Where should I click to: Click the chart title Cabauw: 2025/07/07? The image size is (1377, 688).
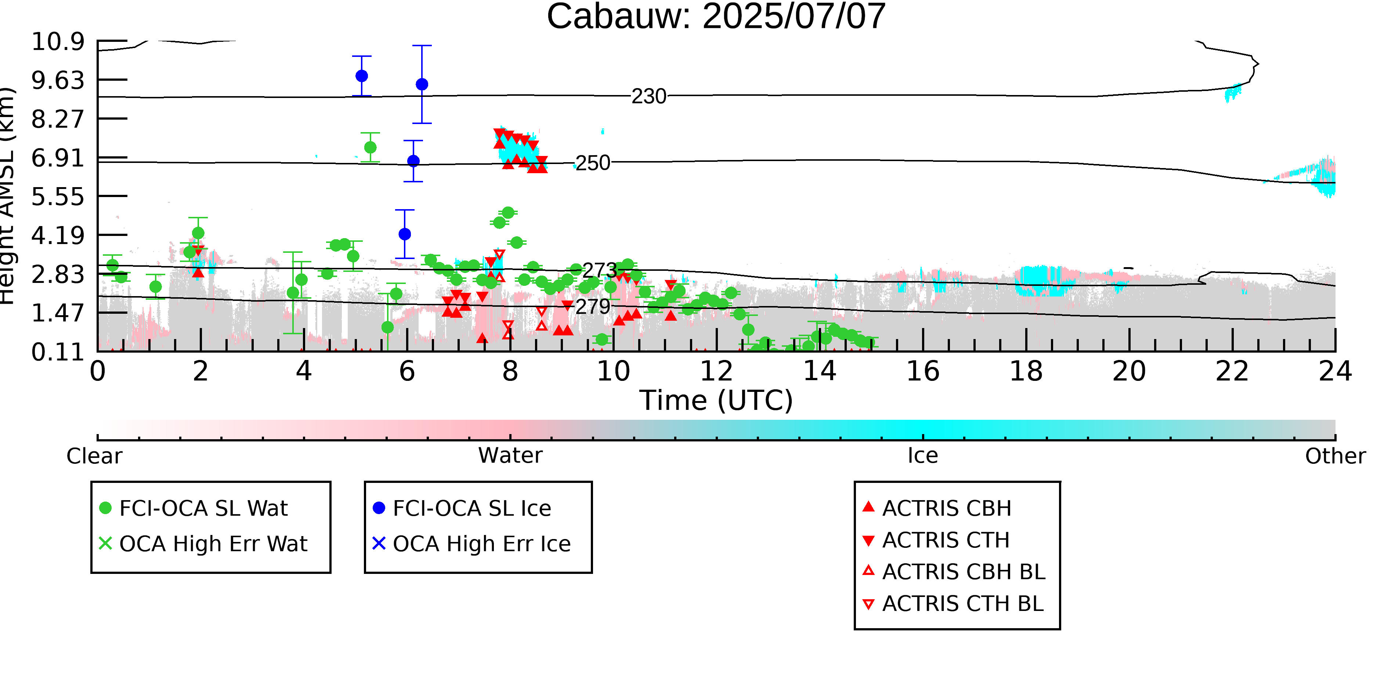click(x=716, y=16)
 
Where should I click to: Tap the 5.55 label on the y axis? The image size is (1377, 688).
click(x=58, y=197)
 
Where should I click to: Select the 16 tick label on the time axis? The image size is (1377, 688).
click(x=923, y=371)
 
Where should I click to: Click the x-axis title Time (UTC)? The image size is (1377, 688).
click(x=716, y=400)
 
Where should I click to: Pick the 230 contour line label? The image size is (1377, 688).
click(x=649, y=97)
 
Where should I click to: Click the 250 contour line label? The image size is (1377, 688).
click(x=593, y=163)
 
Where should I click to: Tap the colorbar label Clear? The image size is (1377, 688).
click(x=94, y=456)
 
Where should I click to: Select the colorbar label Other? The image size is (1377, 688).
click(x=1335, y=456)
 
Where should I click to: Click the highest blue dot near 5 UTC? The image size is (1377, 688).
click(x=362, y=76)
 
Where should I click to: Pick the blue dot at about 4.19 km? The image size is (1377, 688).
click(x=405, y=234)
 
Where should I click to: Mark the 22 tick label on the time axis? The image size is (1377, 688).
click(x=1232, y=371)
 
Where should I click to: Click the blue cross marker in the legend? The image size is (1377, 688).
click(x=379, y=543)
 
